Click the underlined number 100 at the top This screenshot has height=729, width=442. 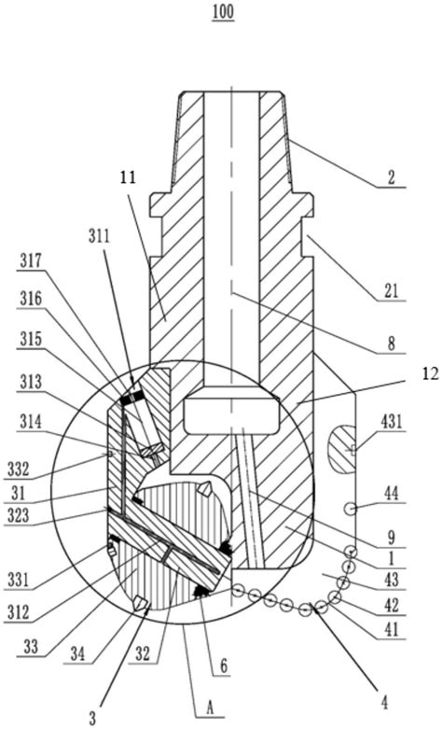pos(223,12)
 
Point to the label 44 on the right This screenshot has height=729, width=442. pos(392,493)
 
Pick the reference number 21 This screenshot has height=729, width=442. pos(391,291)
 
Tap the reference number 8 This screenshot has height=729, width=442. pos(392,344)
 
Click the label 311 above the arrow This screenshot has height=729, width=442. pos(99,236)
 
